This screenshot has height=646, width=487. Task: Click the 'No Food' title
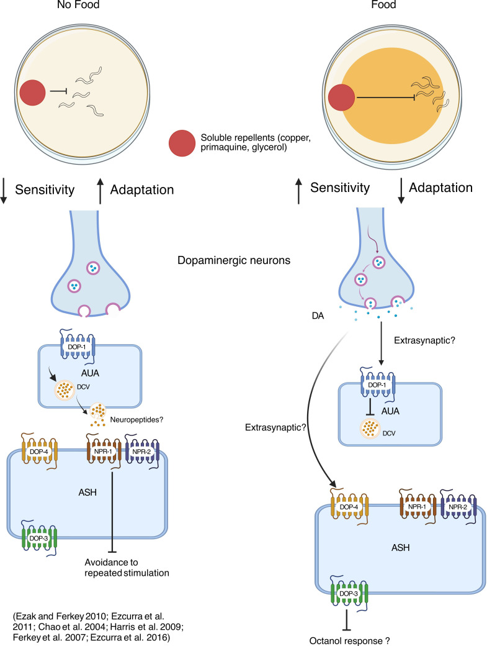click(78, 5)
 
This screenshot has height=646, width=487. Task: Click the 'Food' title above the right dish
click(383, 5)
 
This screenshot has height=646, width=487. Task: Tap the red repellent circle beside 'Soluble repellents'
click(182, 143)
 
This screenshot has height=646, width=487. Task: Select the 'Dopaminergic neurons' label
click(234, 260)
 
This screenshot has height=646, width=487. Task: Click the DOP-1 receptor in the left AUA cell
click(78, 347)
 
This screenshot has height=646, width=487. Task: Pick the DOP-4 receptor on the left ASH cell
click(40, 452)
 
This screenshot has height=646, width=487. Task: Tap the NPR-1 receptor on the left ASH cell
click(104, 452)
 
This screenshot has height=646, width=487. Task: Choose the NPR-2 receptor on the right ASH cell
click(458, 507)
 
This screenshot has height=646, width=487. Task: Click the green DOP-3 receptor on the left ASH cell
click(39, 538)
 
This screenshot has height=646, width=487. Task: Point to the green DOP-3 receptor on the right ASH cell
click(349, 593)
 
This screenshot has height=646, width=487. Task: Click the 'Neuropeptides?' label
click(136, 420)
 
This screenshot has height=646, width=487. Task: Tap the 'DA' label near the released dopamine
click(318, 316)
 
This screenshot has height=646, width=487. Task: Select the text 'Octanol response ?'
click(349, 640)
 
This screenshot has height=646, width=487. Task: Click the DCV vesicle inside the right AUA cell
click(370, 429)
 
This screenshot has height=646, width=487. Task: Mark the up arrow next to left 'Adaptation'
click(100, 191)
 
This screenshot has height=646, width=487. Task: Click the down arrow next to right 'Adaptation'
click(401, 191)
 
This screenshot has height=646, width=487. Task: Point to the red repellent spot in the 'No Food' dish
click(32, 93)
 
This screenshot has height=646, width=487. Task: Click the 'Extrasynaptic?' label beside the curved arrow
click(275, 427)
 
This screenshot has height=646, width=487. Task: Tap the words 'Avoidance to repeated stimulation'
click(127, 568)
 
